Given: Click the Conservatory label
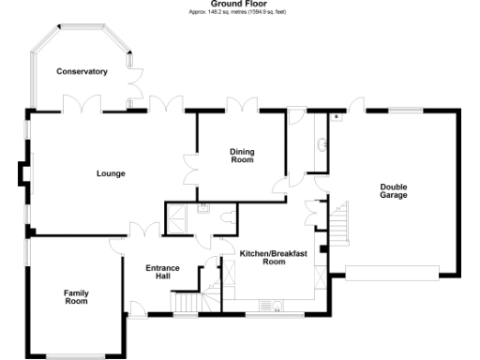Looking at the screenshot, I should point(82,72).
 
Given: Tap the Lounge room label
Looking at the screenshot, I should point(111,173).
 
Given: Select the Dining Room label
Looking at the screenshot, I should point(242,156).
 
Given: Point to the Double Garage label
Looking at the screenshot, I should point(394,191).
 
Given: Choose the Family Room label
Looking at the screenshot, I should point(76,297).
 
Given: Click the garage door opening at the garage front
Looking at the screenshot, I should point(391,272).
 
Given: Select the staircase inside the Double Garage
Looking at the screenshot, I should point(337,222).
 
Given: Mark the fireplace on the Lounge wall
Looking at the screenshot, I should point(25,174).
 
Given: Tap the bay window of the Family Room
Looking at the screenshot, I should point(75,355).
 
